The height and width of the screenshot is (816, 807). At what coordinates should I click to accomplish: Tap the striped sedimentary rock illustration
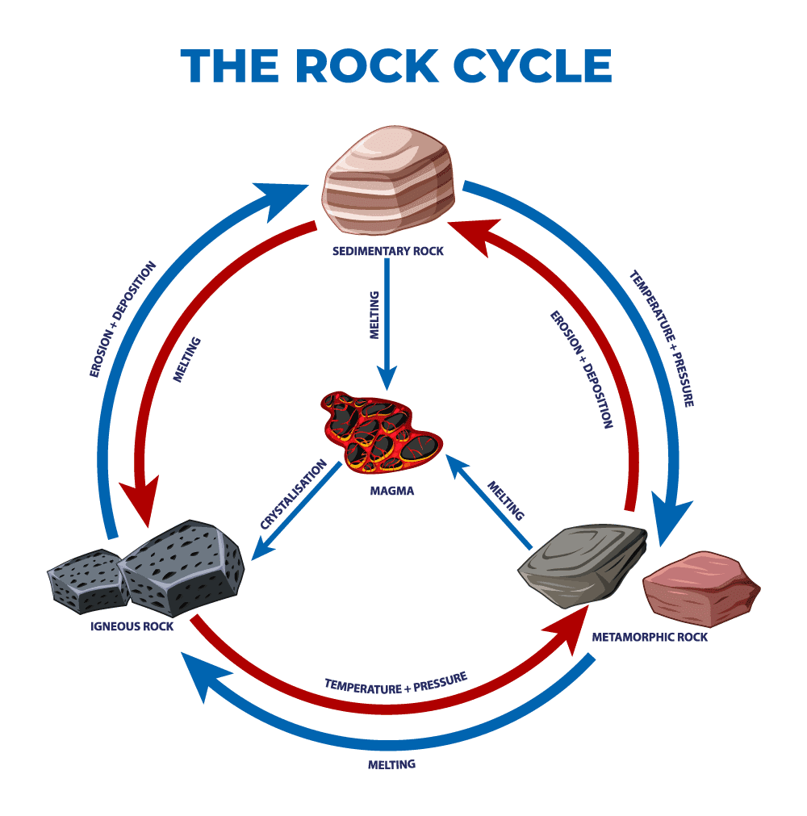[x=389, y=187]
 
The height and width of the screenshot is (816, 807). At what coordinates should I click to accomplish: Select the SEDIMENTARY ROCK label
[x=387, y=251]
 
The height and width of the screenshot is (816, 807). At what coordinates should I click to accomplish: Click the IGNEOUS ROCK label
[x=132, y=626]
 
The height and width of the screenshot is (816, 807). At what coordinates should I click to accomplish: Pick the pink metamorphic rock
[x=700, y=588]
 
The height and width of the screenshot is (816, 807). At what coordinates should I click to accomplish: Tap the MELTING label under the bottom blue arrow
[x=391, y=764]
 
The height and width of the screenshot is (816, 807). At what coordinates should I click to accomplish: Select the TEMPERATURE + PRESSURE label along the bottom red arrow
[x=395, y=683]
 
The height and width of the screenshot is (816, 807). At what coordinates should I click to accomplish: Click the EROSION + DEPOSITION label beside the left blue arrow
[x=122, y=319]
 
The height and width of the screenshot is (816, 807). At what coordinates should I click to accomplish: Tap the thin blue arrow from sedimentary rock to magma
[x=388, y=323]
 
